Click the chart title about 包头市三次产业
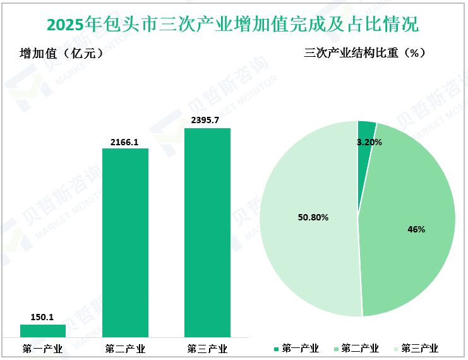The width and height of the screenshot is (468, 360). pos(233,25)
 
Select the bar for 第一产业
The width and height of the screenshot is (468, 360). pos(43,330)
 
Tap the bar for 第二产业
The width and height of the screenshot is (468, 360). pos(125,243)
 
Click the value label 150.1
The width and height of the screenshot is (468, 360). pos(43,317)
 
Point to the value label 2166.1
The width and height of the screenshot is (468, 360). pos(125,141)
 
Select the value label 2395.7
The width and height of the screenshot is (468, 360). pos(207,121)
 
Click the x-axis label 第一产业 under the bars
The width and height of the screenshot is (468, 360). pos(43,348)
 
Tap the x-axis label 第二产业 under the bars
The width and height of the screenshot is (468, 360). pos(125,348)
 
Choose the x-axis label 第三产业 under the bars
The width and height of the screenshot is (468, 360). pos(207,348)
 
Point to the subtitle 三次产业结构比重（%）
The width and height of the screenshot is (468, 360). pos(365,54)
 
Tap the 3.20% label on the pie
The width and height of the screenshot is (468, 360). pos(369,142)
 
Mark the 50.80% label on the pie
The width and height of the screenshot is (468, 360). pos(313,217)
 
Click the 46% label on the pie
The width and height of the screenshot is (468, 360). pos(416,229)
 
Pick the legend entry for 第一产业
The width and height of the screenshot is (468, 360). pos(296,348)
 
